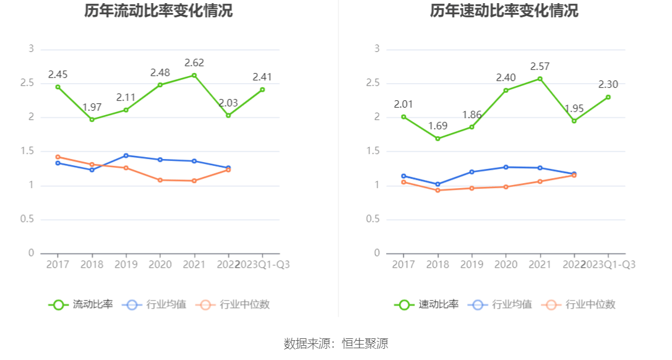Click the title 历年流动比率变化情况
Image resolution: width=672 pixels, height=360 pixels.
(x=158, y=11)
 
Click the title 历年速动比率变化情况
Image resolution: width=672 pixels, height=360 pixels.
(x=504, y=11)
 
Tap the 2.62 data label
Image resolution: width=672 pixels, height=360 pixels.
(x=194, y=62)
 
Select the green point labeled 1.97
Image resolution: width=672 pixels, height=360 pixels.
(x=92, y=119)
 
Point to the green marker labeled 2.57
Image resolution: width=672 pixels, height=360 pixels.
(x=540, y=79)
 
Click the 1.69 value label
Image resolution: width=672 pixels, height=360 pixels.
(x=438, y=126)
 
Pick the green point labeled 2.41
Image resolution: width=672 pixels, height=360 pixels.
(x=262, y=90)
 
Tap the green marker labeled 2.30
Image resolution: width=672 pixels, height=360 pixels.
(x=608, y=97)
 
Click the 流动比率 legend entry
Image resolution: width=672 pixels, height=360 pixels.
(x=81, y=304)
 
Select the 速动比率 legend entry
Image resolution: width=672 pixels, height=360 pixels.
(x=426, y=304)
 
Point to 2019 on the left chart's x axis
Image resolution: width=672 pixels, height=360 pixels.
(x=126, y=264)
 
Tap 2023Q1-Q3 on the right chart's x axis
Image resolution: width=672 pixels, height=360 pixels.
(x=608, y=264)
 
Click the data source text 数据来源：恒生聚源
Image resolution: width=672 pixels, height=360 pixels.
(x=336, y=344)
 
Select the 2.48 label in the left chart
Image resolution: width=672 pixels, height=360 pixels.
(x=160, y=72)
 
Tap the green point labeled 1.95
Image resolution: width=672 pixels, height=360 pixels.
(x=574, y=121)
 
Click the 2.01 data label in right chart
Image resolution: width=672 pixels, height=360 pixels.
(x=403, y=104)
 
